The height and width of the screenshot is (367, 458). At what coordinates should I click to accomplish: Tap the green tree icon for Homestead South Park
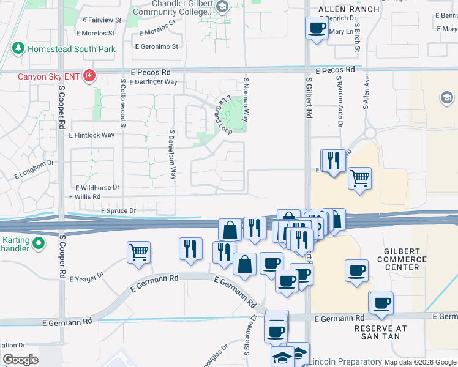(18, 48)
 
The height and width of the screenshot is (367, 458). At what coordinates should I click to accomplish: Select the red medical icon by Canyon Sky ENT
(89, 76)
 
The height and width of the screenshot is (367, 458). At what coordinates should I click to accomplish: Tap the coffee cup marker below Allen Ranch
(317, 28)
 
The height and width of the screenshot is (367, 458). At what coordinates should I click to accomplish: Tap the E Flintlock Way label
(92, 135)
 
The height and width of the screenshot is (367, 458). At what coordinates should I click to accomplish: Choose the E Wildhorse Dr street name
(97, 188)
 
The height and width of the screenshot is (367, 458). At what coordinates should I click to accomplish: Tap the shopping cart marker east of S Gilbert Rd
(359, 179)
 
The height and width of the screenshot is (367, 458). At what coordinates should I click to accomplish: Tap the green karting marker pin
(39, 243)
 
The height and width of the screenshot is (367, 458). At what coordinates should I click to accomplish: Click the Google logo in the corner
(20, 360)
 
